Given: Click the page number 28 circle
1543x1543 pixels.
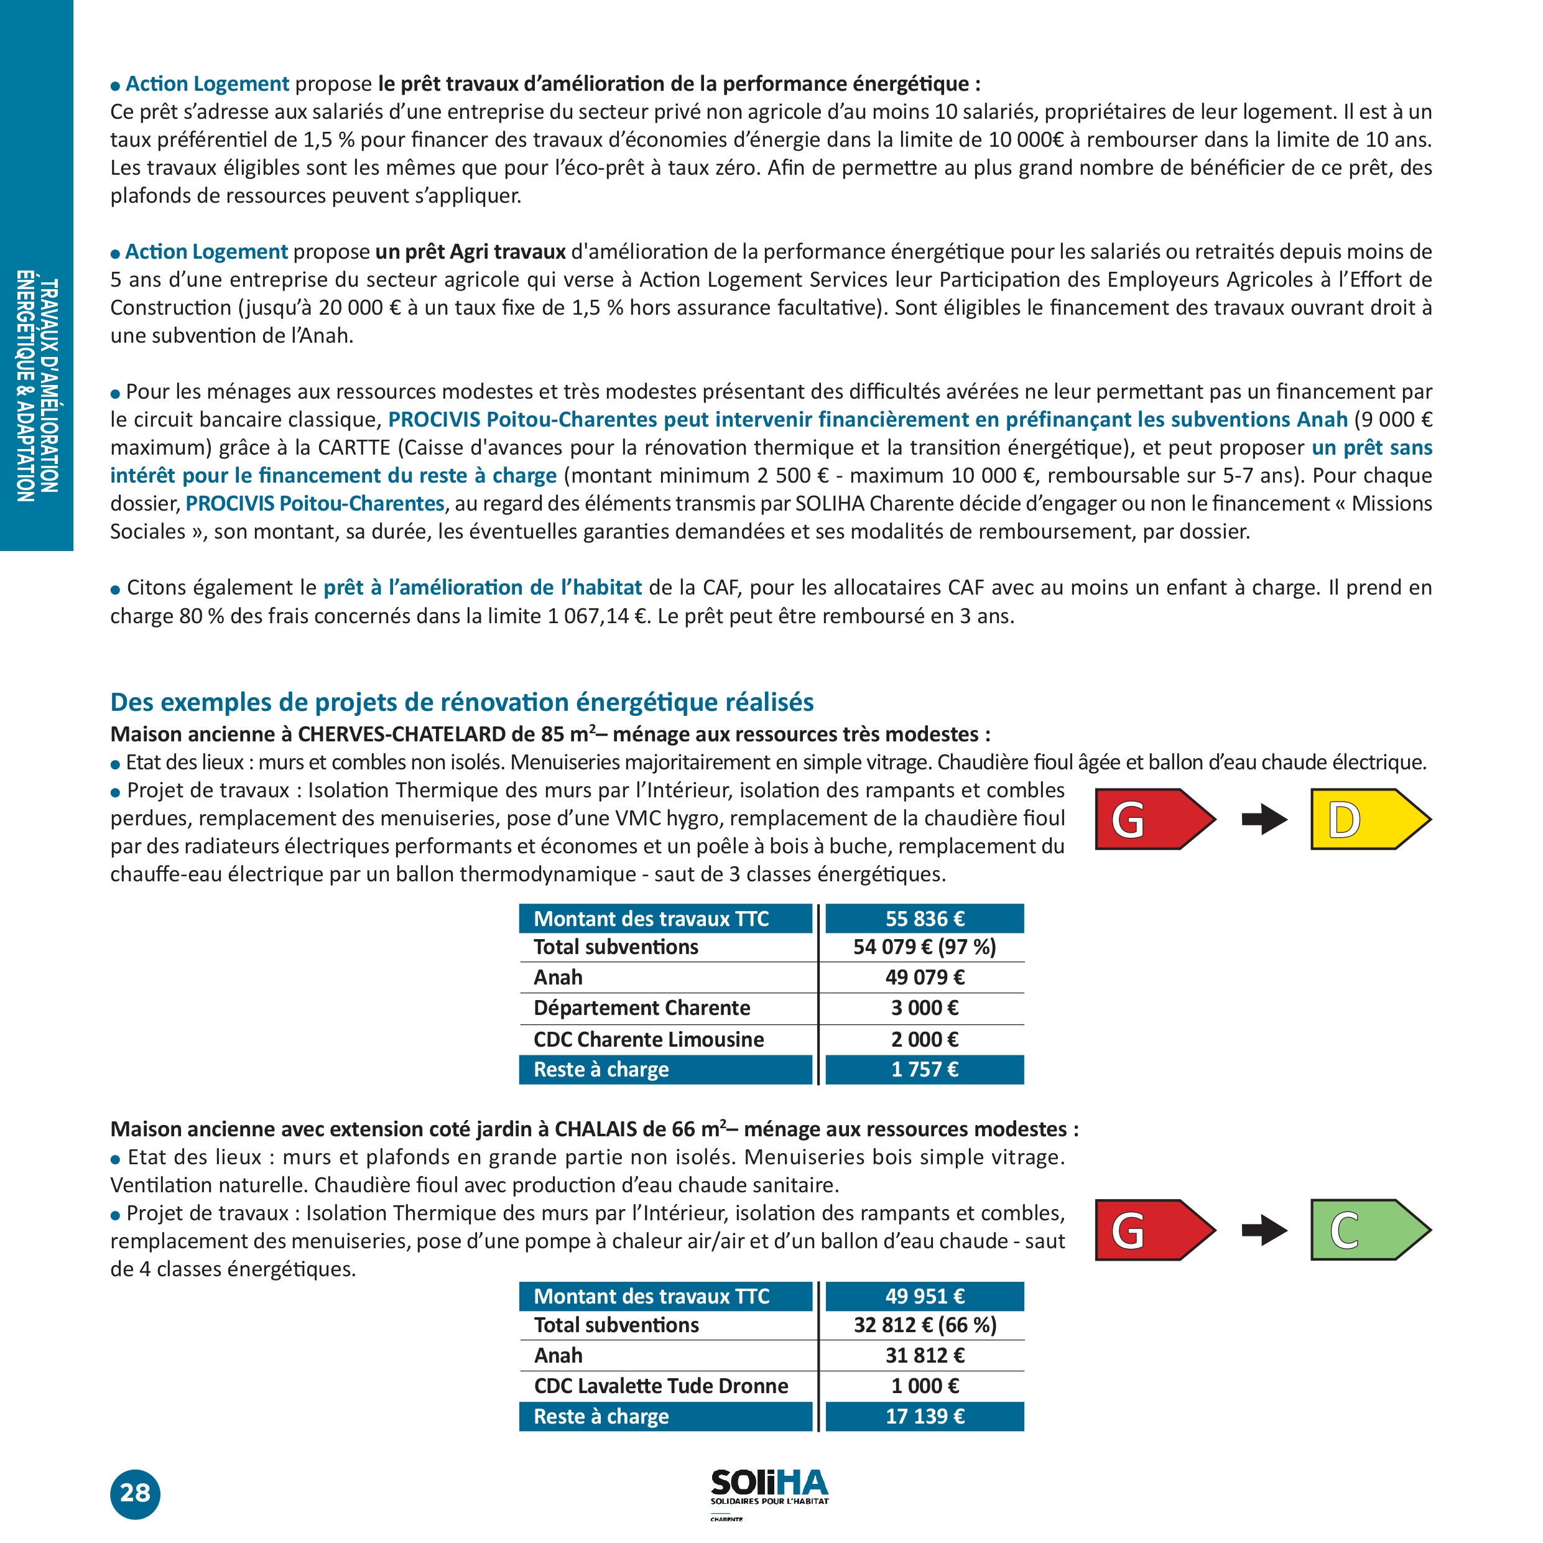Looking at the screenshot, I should tap(135, 1493).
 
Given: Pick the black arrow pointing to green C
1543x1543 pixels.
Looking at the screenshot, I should tap(1264, 1230).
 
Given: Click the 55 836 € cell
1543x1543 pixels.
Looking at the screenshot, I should tap(924, 919).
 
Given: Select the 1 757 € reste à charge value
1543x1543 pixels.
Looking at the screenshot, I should tap(924, 1069).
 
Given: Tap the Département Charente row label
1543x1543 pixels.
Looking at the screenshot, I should tap(641, 1008).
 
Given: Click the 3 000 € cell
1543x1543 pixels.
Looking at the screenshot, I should tap(924, 1008).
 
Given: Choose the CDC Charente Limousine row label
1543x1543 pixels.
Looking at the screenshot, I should tap(649, 1039).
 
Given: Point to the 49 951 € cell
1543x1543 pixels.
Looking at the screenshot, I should tap(924, 1296).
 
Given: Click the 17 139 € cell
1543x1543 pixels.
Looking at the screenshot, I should tap(924, 1416).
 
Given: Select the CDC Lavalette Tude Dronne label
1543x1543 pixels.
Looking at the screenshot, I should tap(660, 1386).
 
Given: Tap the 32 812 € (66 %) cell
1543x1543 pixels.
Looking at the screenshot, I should tap(924, 1325).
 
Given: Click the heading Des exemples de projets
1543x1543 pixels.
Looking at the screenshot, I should tap(461, 702).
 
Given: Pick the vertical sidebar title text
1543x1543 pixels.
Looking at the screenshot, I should tap(37, 387).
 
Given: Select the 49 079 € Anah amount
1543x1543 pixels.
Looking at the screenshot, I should tap(924, 977).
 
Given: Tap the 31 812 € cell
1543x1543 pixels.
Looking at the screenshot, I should tap(924, 1355).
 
